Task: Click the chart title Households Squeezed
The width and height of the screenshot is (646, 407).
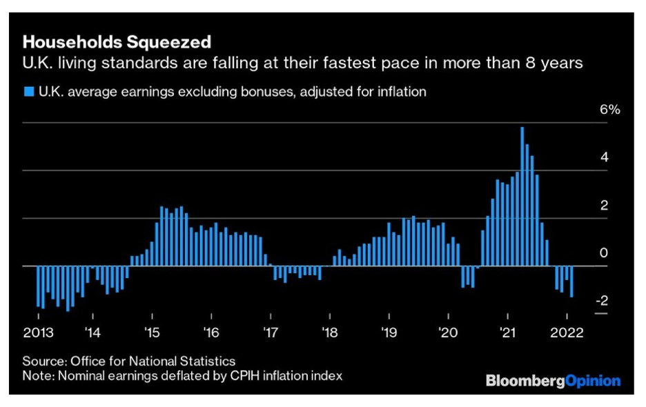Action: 117,42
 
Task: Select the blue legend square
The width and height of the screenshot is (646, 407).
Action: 28,91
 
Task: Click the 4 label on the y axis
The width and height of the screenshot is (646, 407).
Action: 604,157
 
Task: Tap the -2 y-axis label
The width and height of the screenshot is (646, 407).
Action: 601,301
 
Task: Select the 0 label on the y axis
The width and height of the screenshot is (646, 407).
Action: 604,253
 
